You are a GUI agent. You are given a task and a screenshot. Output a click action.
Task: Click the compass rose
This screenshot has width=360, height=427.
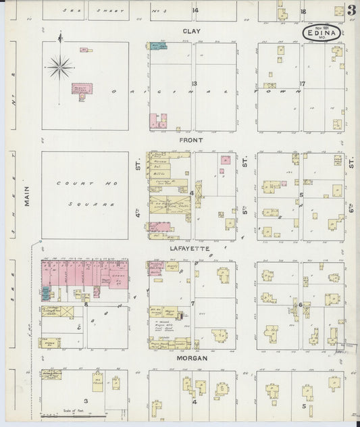[x=60, y=66]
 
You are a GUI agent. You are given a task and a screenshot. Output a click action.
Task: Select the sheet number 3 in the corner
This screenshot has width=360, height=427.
[x=352, y=9]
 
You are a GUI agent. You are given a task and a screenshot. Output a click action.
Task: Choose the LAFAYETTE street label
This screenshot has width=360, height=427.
[x=190, y=249]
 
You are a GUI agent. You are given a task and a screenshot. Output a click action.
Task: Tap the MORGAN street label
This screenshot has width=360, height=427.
[x=192, y=358]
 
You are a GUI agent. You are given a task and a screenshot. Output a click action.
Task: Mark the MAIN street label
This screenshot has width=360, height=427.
[x=28, y=197]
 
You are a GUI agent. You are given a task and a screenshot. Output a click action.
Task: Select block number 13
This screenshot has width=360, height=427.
[x=193, y=83]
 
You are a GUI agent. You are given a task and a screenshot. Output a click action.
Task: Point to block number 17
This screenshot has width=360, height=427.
[x=303, y=84]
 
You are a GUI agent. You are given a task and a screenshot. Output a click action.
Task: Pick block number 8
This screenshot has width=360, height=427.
[x=86, y=305]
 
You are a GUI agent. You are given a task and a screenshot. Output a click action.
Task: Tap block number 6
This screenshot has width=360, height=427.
[x=300, y=305]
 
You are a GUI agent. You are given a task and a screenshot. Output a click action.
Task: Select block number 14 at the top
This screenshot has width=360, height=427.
[x=195, y=11]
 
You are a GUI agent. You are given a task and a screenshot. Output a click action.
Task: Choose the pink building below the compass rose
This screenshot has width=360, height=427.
[x=82, y=91]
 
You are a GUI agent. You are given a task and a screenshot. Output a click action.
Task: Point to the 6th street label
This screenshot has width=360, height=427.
[x=351, y=162]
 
